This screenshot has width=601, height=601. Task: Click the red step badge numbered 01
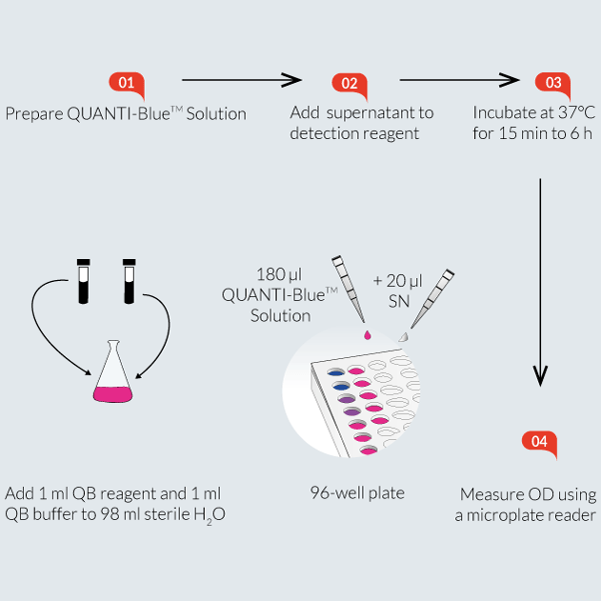pyautogui.click(x=127, y=83)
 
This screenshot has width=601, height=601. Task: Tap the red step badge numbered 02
pyautogui.click(x=349, y=83)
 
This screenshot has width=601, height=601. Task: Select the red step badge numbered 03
pyautogui.click(x=552, y=83)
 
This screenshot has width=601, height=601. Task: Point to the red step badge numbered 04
pyautogui.click(x=539, y=442)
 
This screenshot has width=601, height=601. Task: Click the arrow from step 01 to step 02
pyautogui.click(x=241, y=81)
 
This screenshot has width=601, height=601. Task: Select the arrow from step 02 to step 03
pyautogui.click(x=459, y=81)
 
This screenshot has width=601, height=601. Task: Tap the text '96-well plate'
pyautogui.click(x=357, y=492)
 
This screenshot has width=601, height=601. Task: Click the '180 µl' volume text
pyautogui.click(x=278, y=274)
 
